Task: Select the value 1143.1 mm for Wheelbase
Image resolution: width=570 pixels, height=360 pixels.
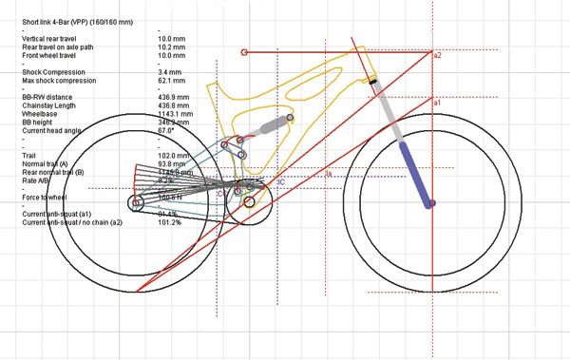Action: click(x=175, y=113)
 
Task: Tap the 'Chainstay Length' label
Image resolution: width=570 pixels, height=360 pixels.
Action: click(x=47, y=104)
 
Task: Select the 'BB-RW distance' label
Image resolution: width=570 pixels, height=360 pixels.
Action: click(x=43, y=97)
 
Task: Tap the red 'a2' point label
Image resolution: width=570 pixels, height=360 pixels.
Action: click(x=437, y=56)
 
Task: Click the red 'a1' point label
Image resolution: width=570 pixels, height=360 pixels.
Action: click(x=436, y=102)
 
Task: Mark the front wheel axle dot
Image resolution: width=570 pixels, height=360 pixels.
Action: click(x=432, y=202)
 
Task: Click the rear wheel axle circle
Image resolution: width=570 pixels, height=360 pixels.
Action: click(x=136, y=202)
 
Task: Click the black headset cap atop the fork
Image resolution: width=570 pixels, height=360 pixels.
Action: click(x=373, y=83)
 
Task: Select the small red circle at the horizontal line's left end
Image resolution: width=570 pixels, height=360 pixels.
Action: click(x=245, y=52)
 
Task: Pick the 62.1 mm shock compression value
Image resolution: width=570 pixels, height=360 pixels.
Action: click(x=171, y=80)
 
